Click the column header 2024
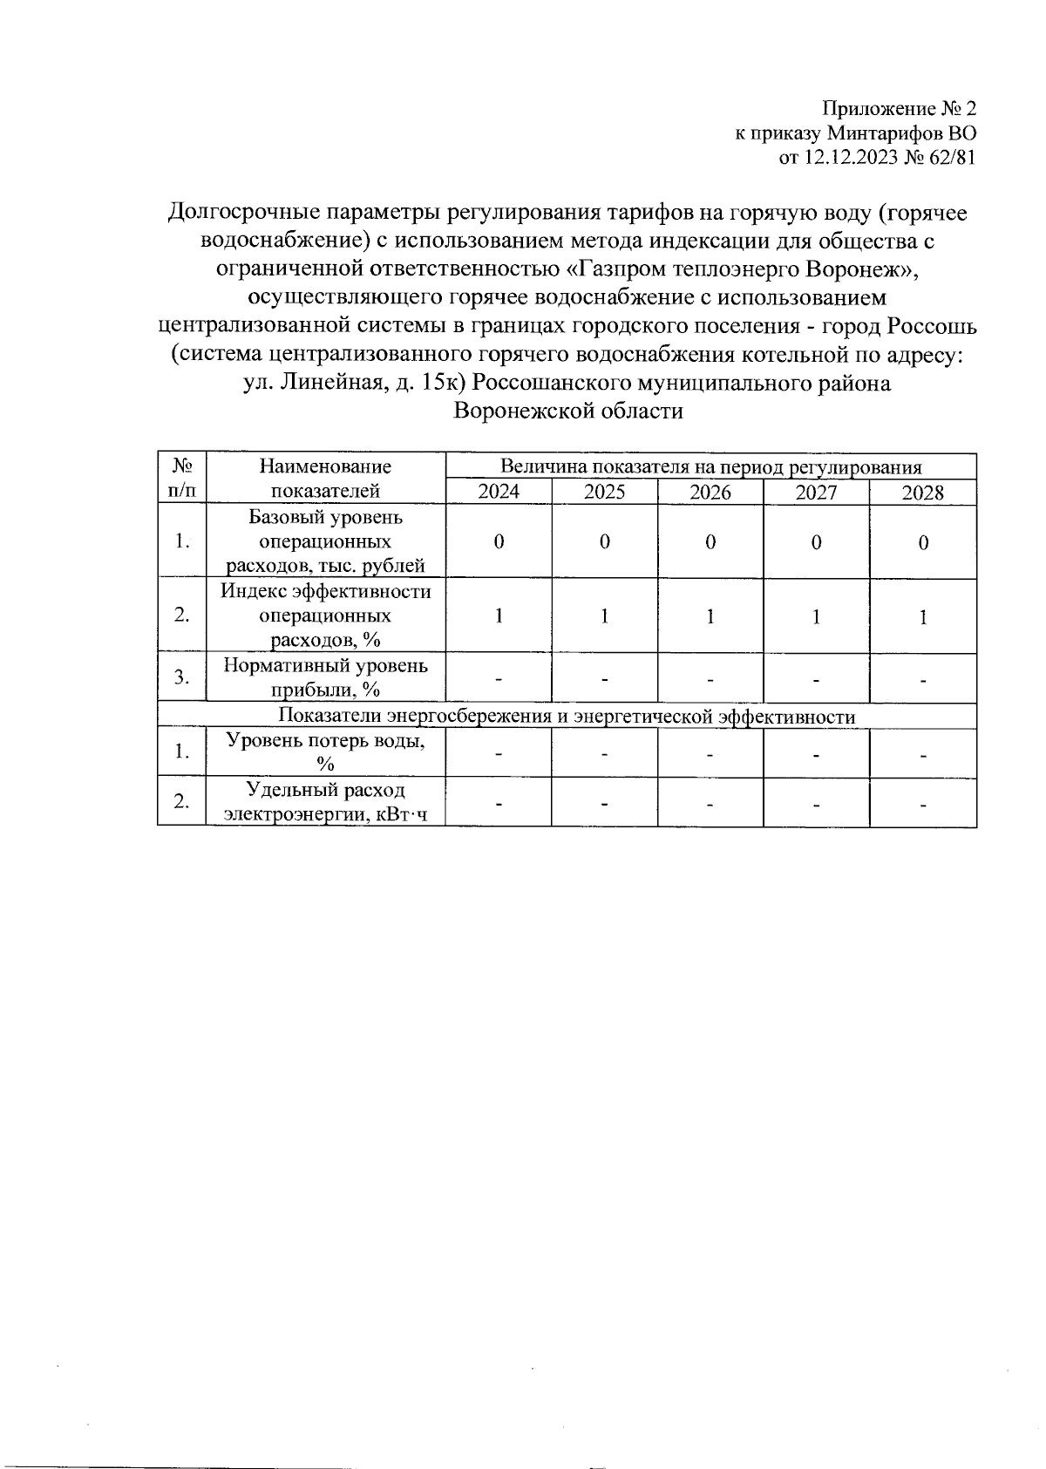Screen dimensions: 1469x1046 [499, 493]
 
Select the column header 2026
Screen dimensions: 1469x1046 [710, 493]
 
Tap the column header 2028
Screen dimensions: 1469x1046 [922, 493]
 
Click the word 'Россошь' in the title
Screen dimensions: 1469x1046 [932, 326]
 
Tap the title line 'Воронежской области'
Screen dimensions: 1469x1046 [567, 411]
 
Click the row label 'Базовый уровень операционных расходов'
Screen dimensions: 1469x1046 [326, 541]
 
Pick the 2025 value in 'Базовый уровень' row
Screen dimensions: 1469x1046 [604, 541]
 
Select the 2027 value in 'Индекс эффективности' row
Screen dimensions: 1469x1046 [816, 616]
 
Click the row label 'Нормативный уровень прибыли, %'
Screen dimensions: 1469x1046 [326, 677]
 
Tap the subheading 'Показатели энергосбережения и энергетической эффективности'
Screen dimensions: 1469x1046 [567, 717]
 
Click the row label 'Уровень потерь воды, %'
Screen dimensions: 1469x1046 [326, 752]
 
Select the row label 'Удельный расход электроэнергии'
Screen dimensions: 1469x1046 [326, 802]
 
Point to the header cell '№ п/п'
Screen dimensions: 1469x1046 [182, 478]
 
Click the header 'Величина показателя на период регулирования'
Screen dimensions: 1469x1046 [710, 466]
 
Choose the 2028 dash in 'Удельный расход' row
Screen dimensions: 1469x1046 [922, 802]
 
